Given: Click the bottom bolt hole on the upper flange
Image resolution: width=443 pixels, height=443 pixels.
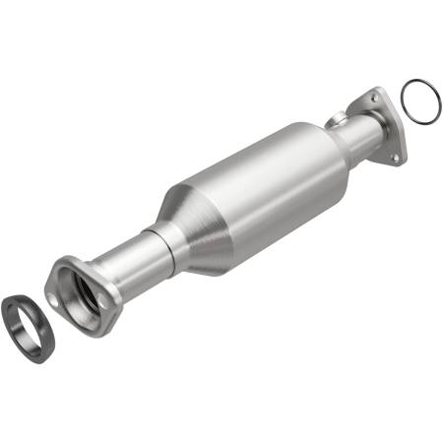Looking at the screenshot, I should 396,157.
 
